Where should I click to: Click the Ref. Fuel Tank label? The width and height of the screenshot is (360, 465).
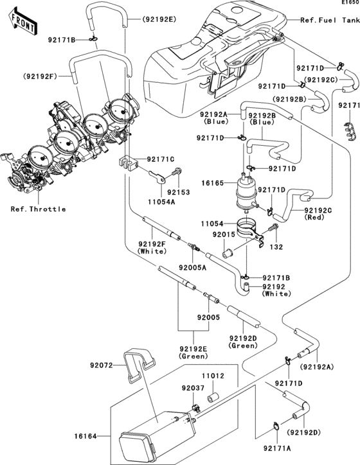[x=328, y=20]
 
